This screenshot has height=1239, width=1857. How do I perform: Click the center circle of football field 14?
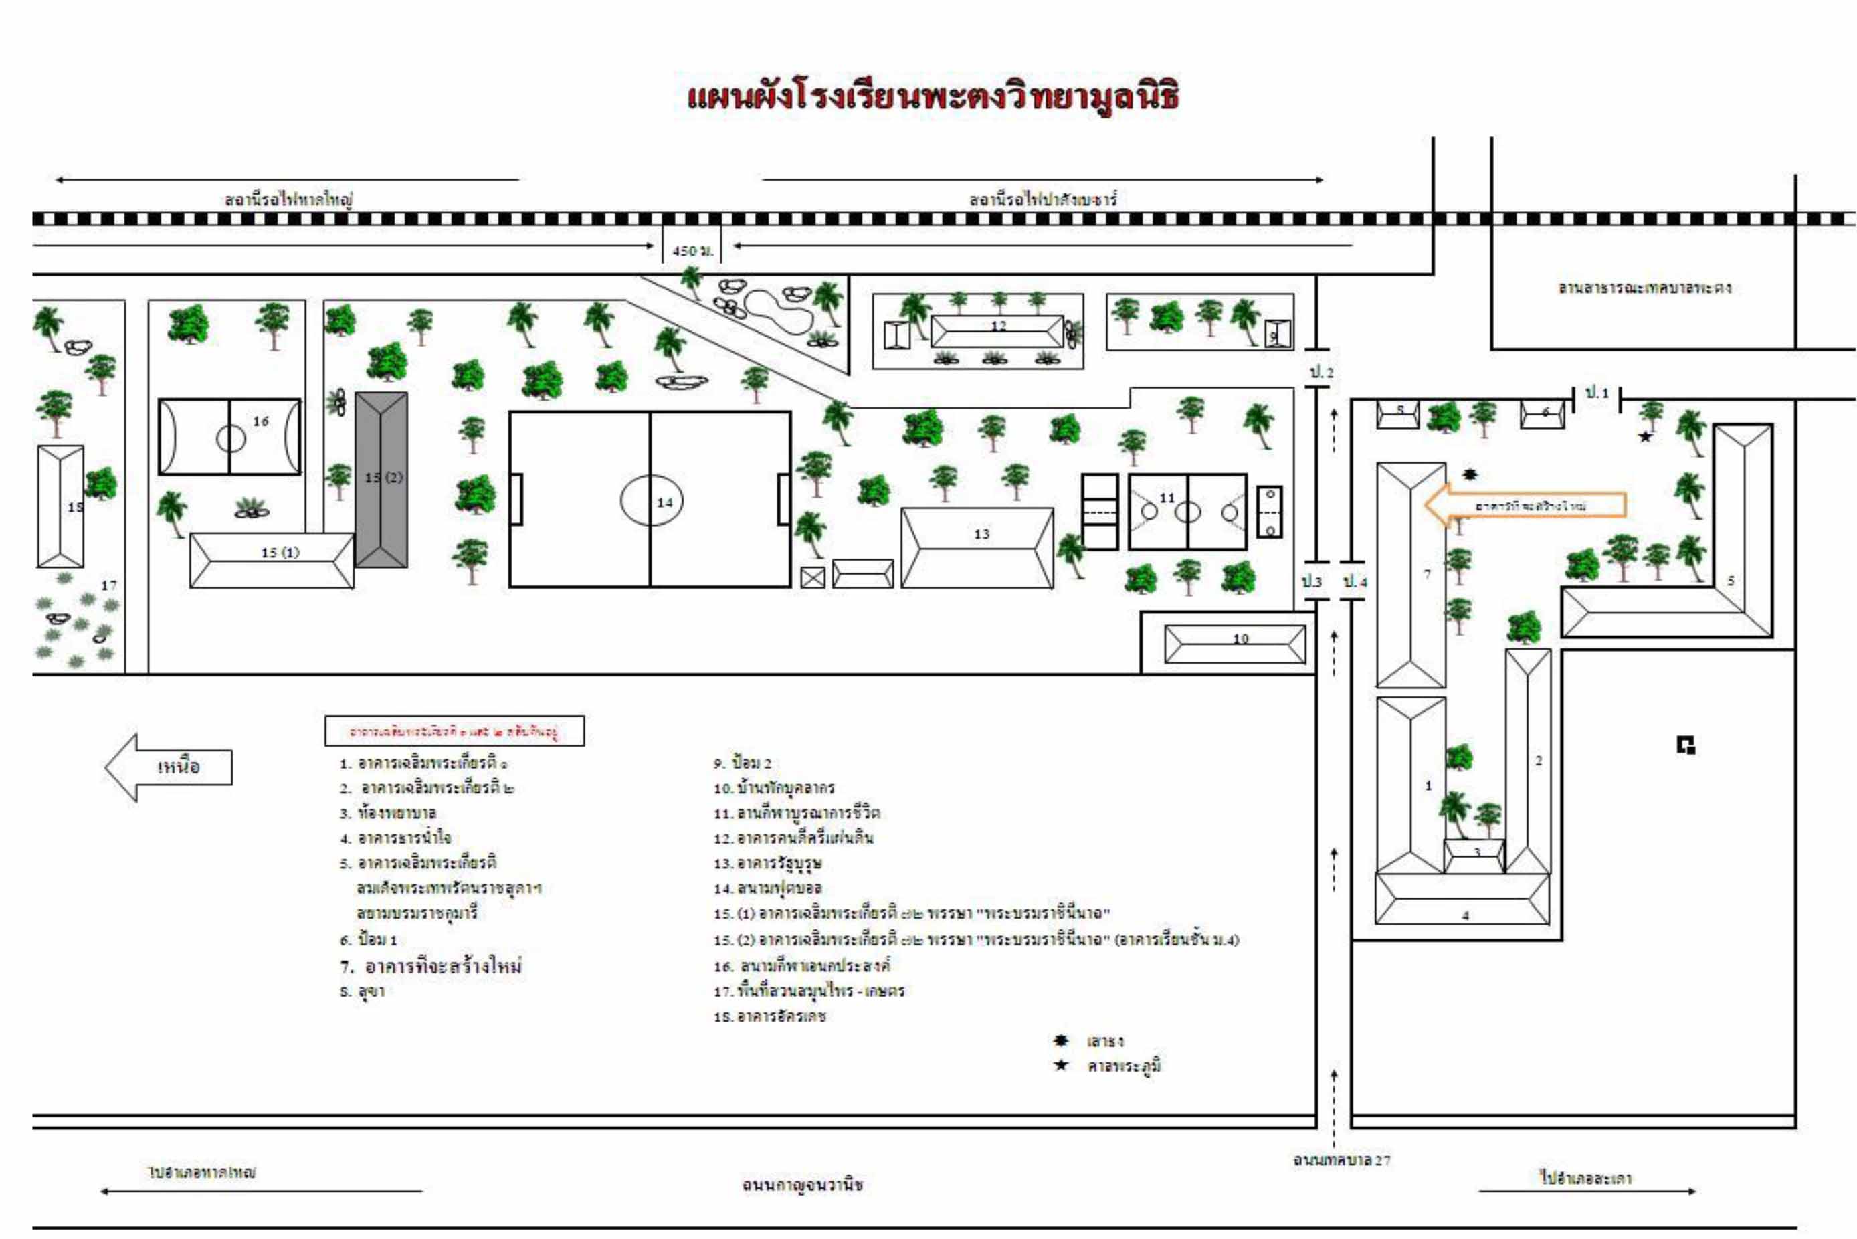click(x=651, y=500)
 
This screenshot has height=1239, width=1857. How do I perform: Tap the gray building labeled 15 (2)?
click(x=381, y=479)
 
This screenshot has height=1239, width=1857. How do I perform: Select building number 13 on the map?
click(x=977, y=548)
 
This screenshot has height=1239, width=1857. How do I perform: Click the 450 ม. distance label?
click(x=692, y=250)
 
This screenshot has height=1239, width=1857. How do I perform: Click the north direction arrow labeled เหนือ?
click(x=169, y=767)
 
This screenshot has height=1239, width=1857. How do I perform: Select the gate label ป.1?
click(x=1596, y=393)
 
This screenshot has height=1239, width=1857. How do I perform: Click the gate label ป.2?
click(x=1321, y=371)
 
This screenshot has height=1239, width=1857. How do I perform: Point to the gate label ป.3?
click(x=1311, y=581)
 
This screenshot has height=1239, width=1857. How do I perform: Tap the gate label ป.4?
click(x=1355, y=581)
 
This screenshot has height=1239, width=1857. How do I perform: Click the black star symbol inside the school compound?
click(x=1644, y=436)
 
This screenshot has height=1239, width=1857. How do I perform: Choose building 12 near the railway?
click(x=997, y=331)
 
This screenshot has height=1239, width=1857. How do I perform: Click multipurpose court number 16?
click(x=230, y=436)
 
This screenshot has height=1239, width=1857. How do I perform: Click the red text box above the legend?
click(x=454, y=731)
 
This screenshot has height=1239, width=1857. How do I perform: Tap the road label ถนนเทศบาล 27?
click(x=1341, y=1160)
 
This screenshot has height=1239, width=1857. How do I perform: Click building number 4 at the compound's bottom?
click(x=1462, y=898)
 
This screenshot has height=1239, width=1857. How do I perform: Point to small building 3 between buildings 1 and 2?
click(x=1474, y=855)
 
